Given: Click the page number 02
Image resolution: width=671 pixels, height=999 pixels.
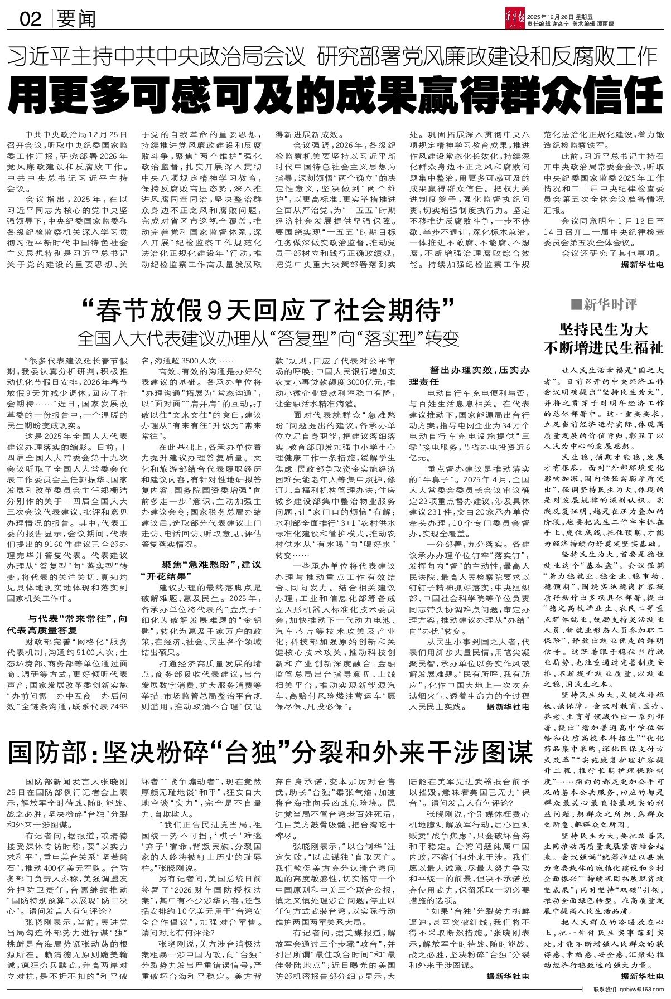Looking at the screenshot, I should (30, 20).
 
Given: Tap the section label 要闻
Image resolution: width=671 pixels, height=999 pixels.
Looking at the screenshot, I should (76, 20).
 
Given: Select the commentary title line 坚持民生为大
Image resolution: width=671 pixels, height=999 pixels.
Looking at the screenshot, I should (605, 329).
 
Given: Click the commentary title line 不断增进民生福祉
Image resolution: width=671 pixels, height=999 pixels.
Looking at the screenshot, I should (605, 347).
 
